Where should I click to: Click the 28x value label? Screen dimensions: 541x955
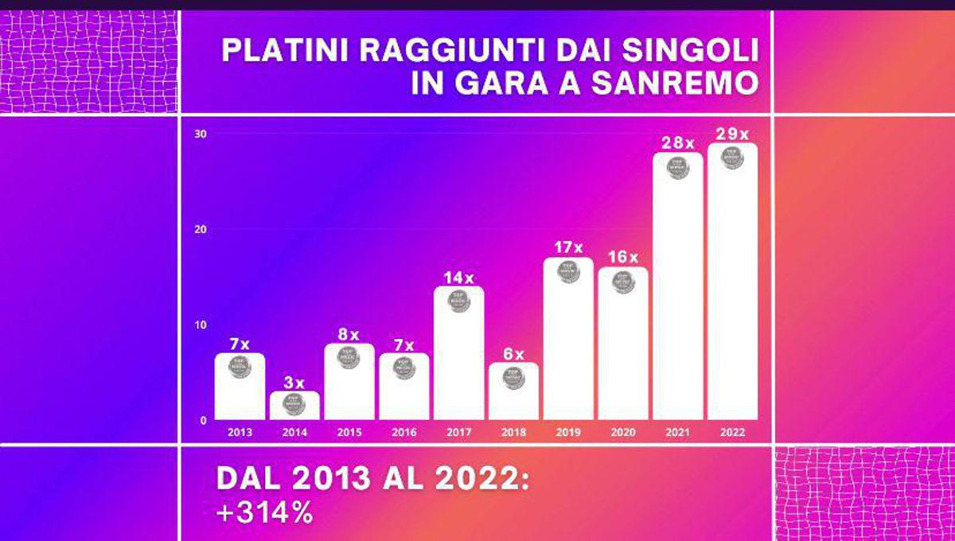point(677,143)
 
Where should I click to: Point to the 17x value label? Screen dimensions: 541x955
point(568,247)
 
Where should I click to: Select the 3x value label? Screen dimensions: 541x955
point(294,382)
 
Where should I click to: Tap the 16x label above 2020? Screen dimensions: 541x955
point(623,257)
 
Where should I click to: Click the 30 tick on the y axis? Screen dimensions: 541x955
point(201,134)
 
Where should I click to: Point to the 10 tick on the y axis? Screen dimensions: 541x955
point(201,325)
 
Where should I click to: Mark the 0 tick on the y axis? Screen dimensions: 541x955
point(204,420)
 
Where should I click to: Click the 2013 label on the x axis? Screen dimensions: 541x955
point(240,432)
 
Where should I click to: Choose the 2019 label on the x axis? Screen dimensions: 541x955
point(568,432)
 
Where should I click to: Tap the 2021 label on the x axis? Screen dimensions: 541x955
point(677,432)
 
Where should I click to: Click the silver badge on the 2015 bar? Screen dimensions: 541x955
point(349,357)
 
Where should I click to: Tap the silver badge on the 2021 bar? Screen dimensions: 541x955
point(677,168)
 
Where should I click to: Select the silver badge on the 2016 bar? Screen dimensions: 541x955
point(404,368)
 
